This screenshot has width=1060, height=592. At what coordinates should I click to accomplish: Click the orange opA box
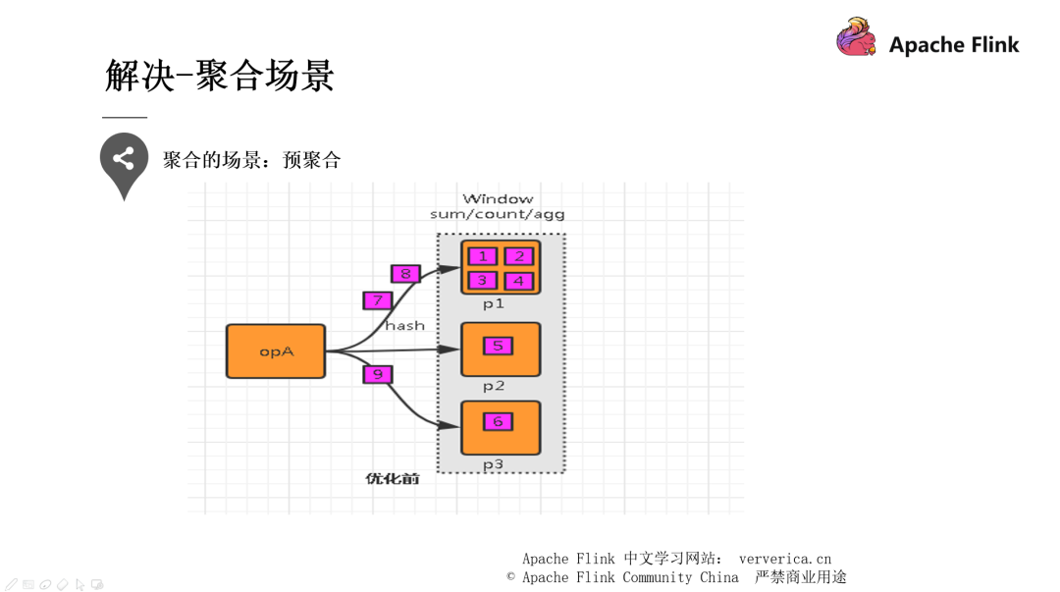276,351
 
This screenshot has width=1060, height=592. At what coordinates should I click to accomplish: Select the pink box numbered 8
405,274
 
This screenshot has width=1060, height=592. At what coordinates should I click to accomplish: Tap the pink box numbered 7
377,300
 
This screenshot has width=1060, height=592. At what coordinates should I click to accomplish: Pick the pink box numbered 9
377,374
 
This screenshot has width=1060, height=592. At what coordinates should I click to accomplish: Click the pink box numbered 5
498,346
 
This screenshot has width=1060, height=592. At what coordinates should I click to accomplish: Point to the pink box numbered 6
498,421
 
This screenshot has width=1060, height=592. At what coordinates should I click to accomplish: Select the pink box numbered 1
482,256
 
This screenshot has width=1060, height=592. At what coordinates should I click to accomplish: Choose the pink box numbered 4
518,281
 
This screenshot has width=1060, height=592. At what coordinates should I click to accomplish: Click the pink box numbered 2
518,256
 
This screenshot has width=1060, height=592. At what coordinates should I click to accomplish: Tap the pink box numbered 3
482,281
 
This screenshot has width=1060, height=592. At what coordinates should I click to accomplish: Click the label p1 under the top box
494,304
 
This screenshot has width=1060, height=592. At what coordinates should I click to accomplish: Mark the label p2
494,386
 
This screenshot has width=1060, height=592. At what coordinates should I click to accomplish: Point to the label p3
494,464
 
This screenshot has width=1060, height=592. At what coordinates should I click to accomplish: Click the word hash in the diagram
404,325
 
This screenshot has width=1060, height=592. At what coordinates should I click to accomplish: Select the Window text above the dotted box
498,199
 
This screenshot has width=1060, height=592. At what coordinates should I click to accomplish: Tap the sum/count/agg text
498,214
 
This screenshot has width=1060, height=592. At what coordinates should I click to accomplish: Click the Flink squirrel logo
856,38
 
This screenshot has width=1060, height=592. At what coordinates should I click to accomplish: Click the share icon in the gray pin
124,159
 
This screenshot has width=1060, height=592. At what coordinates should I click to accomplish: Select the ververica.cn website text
784,559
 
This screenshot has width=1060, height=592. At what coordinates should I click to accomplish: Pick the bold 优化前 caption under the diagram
393,479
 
